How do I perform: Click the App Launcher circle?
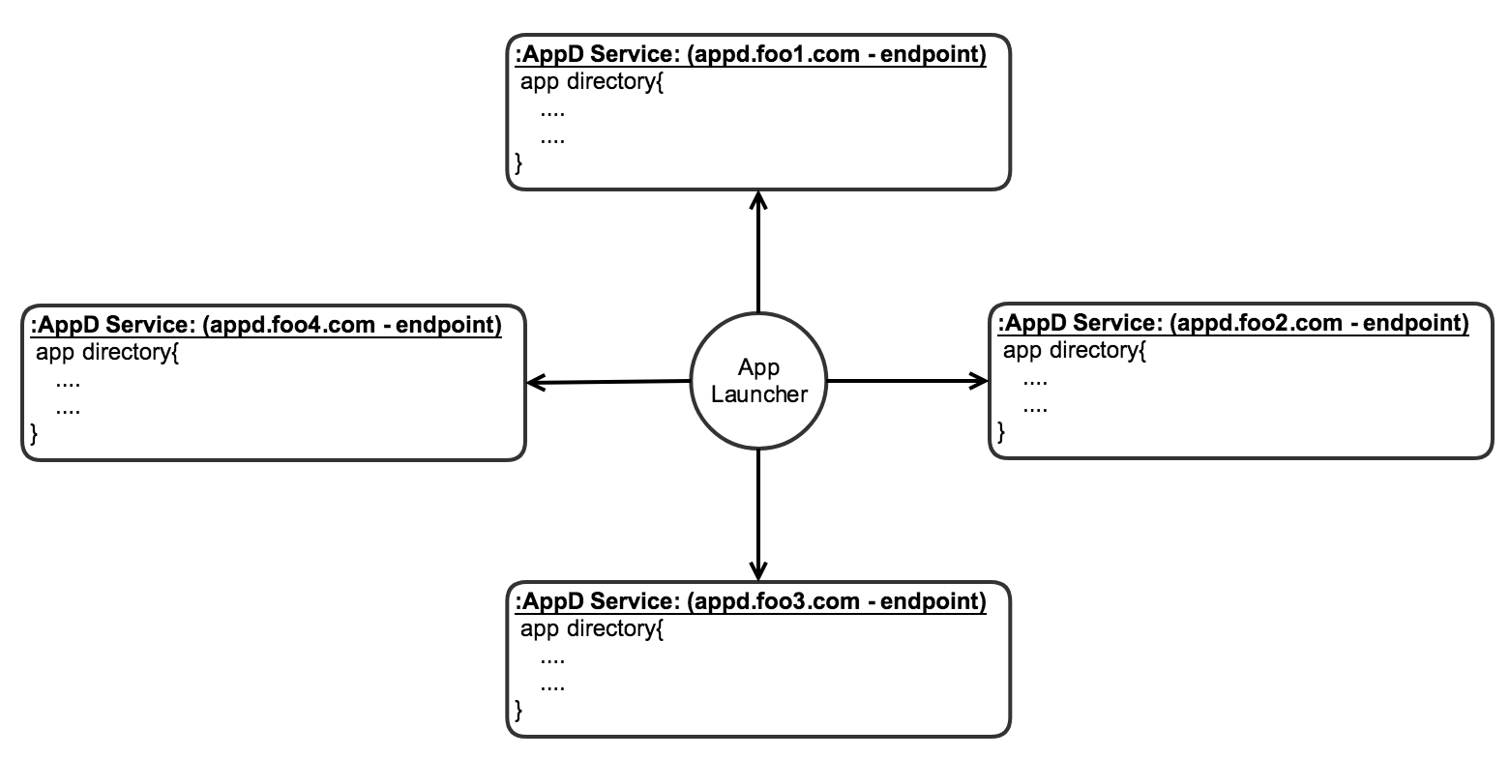[758, 381]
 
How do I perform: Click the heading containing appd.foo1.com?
[751, 55]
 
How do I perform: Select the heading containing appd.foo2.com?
[1233, 323]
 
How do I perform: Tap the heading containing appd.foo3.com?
[751, 602]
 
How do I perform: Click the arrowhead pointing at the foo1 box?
[758, 199]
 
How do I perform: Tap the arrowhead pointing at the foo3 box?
[758, 568]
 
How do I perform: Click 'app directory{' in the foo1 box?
[591, 82]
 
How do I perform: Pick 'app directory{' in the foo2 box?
[1075, 350]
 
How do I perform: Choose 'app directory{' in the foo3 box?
[591, 629]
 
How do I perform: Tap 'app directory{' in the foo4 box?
[107, 352]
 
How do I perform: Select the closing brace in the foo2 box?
[1001, 432]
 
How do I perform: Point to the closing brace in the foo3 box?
[518, 712]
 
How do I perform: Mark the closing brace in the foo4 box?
[35, 434]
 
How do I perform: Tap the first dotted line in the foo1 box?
[552, 111]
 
